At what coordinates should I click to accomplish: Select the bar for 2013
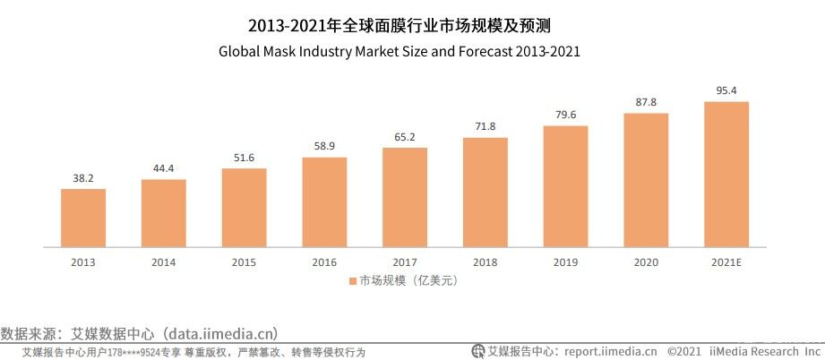pos(83,218)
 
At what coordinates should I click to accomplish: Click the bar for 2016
pos(324,201)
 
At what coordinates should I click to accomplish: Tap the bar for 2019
pos(565,186)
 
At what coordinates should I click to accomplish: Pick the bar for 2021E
pos(726,174)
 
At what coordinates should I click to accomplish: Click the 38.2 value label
pos(83,178)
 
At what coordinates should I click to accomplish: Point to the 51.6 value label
pos(244,158)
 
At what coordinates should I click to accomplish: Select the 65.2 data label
pos(405,136)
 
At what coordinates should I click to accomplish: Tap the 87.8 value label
pos(646,102)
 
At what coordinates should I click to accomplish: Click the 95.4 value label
pos(726,90)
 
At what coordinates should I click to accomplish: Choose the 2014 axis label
pos(163,261)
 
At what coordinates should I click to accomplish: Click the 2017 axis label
pos(405,261)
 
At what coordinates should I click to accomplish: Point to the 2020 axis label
pos(646,261)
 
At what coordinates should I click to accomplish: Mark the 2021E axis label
pos(726,261)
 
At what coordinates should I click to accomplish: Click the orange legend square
pos(353,281)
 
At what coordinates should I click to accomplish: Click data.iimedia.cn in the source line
pos(218,333)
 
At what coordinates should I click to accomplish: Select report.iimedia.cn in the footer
pos(610,352)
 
